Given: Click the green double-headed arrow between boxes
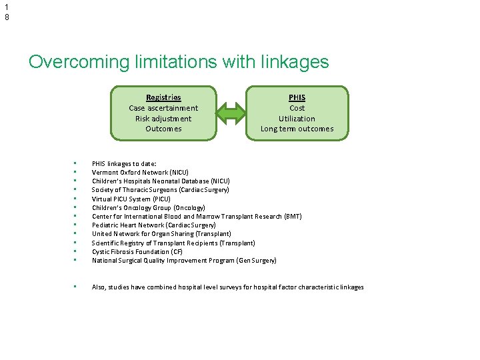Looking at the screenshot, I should click(231, 113).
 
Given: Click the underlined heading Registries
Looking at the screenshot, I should click(163, 97).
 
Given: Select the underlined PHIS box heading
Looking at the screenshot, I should click(297, 97).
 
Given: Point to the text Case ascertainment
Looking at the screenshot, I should click(163, 108).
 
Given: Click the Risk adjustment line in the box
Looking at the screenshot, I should click(163, 119).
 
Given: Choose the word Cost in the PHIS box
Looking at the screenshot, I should click(297, 108).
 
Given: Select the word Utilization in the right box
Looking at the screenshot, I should click(297, 119).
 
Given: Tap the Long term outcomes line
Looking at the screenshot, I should click(297, 129).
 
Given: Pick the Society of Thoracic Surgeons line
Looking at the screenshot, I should click(161, 190).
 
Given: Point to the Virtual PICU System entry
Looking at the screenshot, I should click(131, 199).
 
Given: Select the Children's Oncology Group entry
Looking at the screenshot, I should click(148, 207).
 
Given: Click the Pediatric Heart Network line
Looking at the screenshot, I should click(154, 225).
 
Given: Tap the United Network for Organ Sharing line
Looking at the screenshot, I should click(161, 234).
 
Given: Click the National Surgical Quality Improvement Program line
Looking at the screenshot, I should click(184, 261).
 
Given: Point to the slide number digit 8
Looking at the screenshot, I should click(7, 17).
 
